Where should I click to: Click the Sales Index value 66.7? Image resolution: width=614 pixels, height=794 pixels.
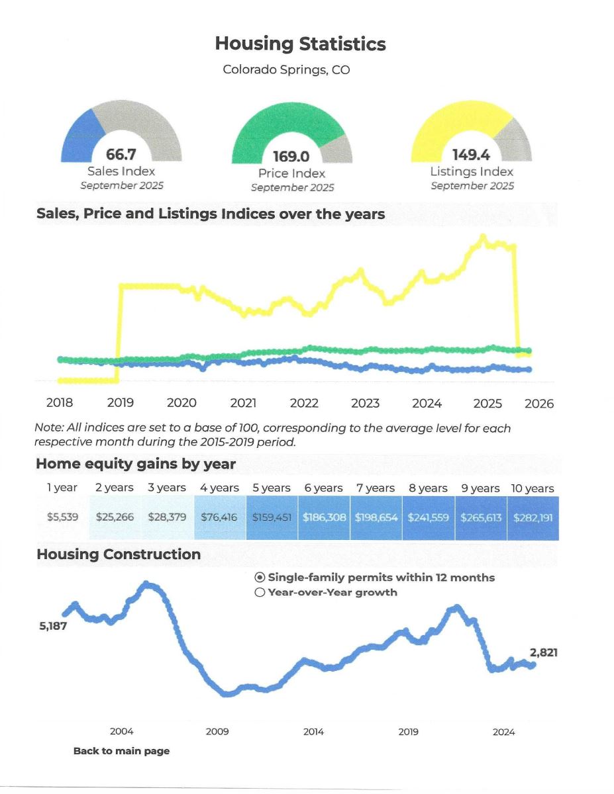121,155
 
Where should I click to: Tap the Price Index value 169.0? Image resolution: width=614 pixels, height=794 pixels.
291,157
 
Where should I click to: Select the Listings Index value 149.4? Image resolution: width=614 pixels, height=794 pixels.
471,155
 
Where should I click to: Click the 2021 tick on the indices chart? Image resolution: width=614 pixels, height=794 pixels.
243,403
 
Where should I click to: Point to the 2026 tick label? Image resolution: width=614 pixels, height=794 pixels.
538,404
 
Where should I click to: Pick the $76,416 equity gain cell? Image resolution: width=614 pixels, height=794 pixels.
219,517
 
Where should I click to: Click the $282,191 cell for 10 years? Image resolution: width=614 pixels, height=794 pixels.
533,517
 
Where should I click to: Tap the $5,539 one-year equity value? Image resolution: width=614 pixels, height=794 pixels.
62,517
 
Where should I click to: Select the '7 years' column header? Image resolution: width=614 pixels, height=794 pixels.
376,488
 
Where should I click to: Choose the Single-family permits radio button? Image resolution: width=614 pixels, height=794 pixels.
260,578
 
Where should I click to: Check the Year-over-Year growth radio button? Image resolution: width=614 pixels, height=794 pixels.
260,592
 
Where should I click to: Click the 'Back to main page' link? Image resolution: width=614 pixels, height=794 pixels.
121,751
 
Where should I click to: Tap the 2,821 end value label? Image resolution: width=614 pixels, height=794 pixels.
543,652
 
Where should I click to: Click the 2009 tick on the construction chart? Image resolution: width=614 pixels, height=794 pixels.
217,732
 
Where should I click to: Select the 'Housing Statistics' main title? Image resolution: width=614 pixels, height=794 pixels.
300,44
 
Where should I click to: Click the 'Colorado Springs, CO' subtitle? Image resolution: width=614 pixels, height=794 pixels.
286,69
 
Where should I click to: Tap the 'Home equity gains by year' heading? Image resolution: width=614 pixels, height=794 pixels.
136,464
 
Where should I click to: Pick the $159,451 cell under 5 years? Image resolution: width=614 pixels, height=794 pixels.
272,517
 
